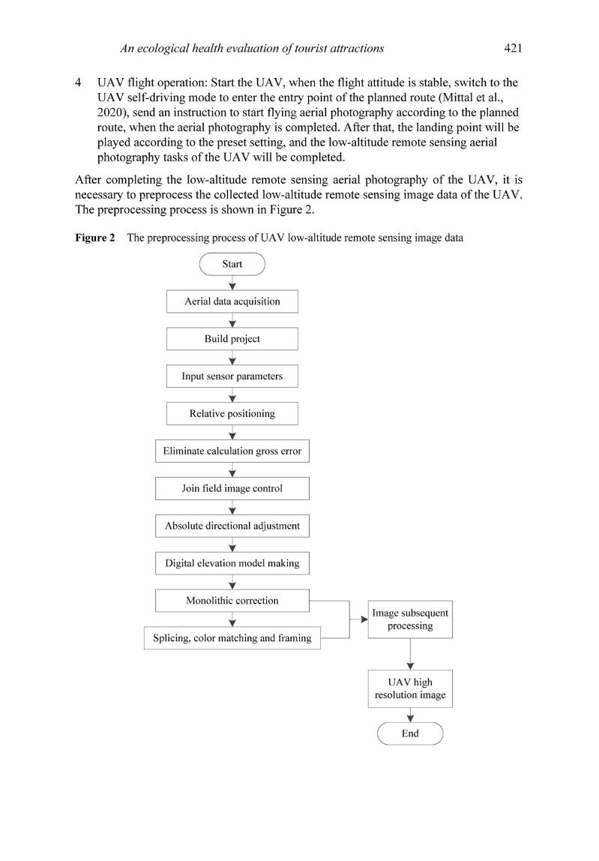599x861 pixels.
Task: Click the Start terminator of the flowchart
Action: coord(232,264)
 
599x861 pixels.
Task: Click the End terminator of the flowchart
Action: coord(410,733)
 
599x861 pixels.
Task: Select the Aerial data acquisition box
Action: coord(232,301)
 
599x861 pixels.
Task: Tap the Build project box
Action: coord(232,339)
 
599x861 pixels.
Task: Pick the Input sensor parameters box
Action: coord(232,376)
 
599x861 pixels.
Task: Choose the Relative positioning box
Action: coord(232,413)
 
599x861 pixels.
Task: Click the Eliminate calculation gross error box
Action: coord(232,451)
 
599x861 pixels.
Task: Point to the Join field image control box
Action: coord(232,488)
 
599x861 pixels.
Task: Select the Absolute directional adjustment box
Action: coord(232,526)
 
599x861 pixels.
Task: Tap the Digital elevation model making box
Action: coord(232,562)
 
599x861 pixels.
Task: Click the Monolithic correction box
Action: coord(232,600)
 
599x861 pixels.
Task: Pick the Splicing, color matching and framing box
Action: coord(232,638)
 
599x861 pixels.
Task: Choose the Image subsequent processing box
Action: coord(410,619)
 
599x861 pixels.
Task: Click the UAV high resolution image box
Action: coord(410,689)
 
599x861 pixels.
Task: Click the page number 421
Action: coord(513,49)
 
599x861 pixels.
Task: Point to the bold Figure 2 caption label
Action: coord(94,238)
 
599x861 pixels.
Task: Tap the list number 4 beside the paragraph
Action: coord(79,82)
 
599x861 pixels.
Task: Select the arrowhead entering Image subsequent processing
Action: coord(364,619)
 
